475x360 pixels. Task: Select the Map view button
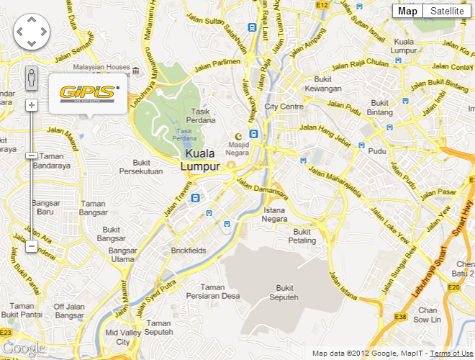tap(407, 11)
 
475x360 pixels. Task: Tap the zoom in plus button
tap(31, 105)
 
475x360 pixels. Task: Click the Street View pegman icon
tap(31, 77)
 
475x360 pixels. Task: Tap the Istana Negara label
tap(275, 214)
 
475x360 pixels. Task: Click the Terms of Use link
tap(452, 354)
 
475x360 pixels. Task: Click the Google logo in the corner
tap(23, 348)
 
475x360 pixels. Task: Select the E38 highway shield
tap(401, 317)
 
